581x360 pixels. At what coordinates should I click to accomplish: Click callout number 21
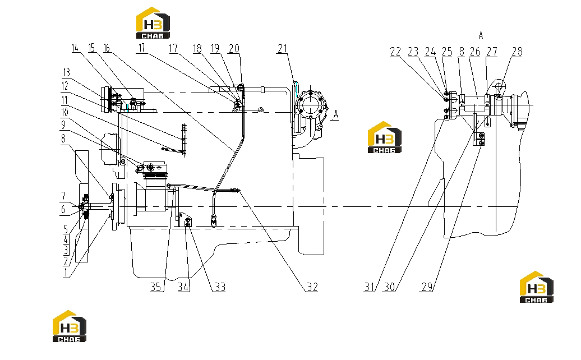[x=282, y=49]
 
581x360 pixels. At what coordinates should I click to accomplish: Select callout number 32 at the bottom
[x=312, y=287]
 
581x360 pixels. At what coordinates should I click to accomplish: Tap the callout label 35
[x=156, y=287]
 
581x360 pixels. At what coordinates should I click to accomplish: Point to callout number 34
[x=183, y=287]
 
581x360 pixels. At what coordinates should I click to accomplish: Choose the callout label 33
[x=220, y=287]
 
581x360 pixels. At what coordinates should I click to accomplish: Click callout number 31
[x=369, y=287]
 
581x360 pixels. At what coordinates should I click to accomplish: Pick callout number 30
[x=389, y=287]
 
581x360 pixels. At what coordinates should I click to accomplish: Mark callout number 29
[x=427, y=287]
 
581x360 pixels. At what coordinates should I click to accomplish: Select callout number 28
[x=517, y=52]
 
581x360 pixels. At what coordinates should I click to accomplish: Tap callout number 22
[x=395, y=52]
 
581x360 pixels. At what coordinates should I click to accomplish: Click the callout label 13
[x=67, y=72]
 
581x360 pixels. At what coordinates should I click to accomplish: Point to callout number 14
[x=75, y=48]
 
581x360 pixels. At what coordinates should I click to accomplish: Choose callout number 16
[x=107, y=48]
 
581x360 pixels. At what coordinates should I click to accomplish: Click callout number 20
[x=234, y=49]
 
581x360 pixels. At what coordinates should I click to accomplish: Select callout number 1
[x=66, y=273]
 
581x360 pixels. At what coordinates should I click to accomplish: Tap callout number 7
[x=63, y=196]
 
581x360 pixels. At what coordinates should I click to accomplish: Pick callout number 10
[x=64, y=112]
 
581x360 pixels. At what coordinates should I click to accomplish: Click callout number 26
[x=475, y=52]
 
